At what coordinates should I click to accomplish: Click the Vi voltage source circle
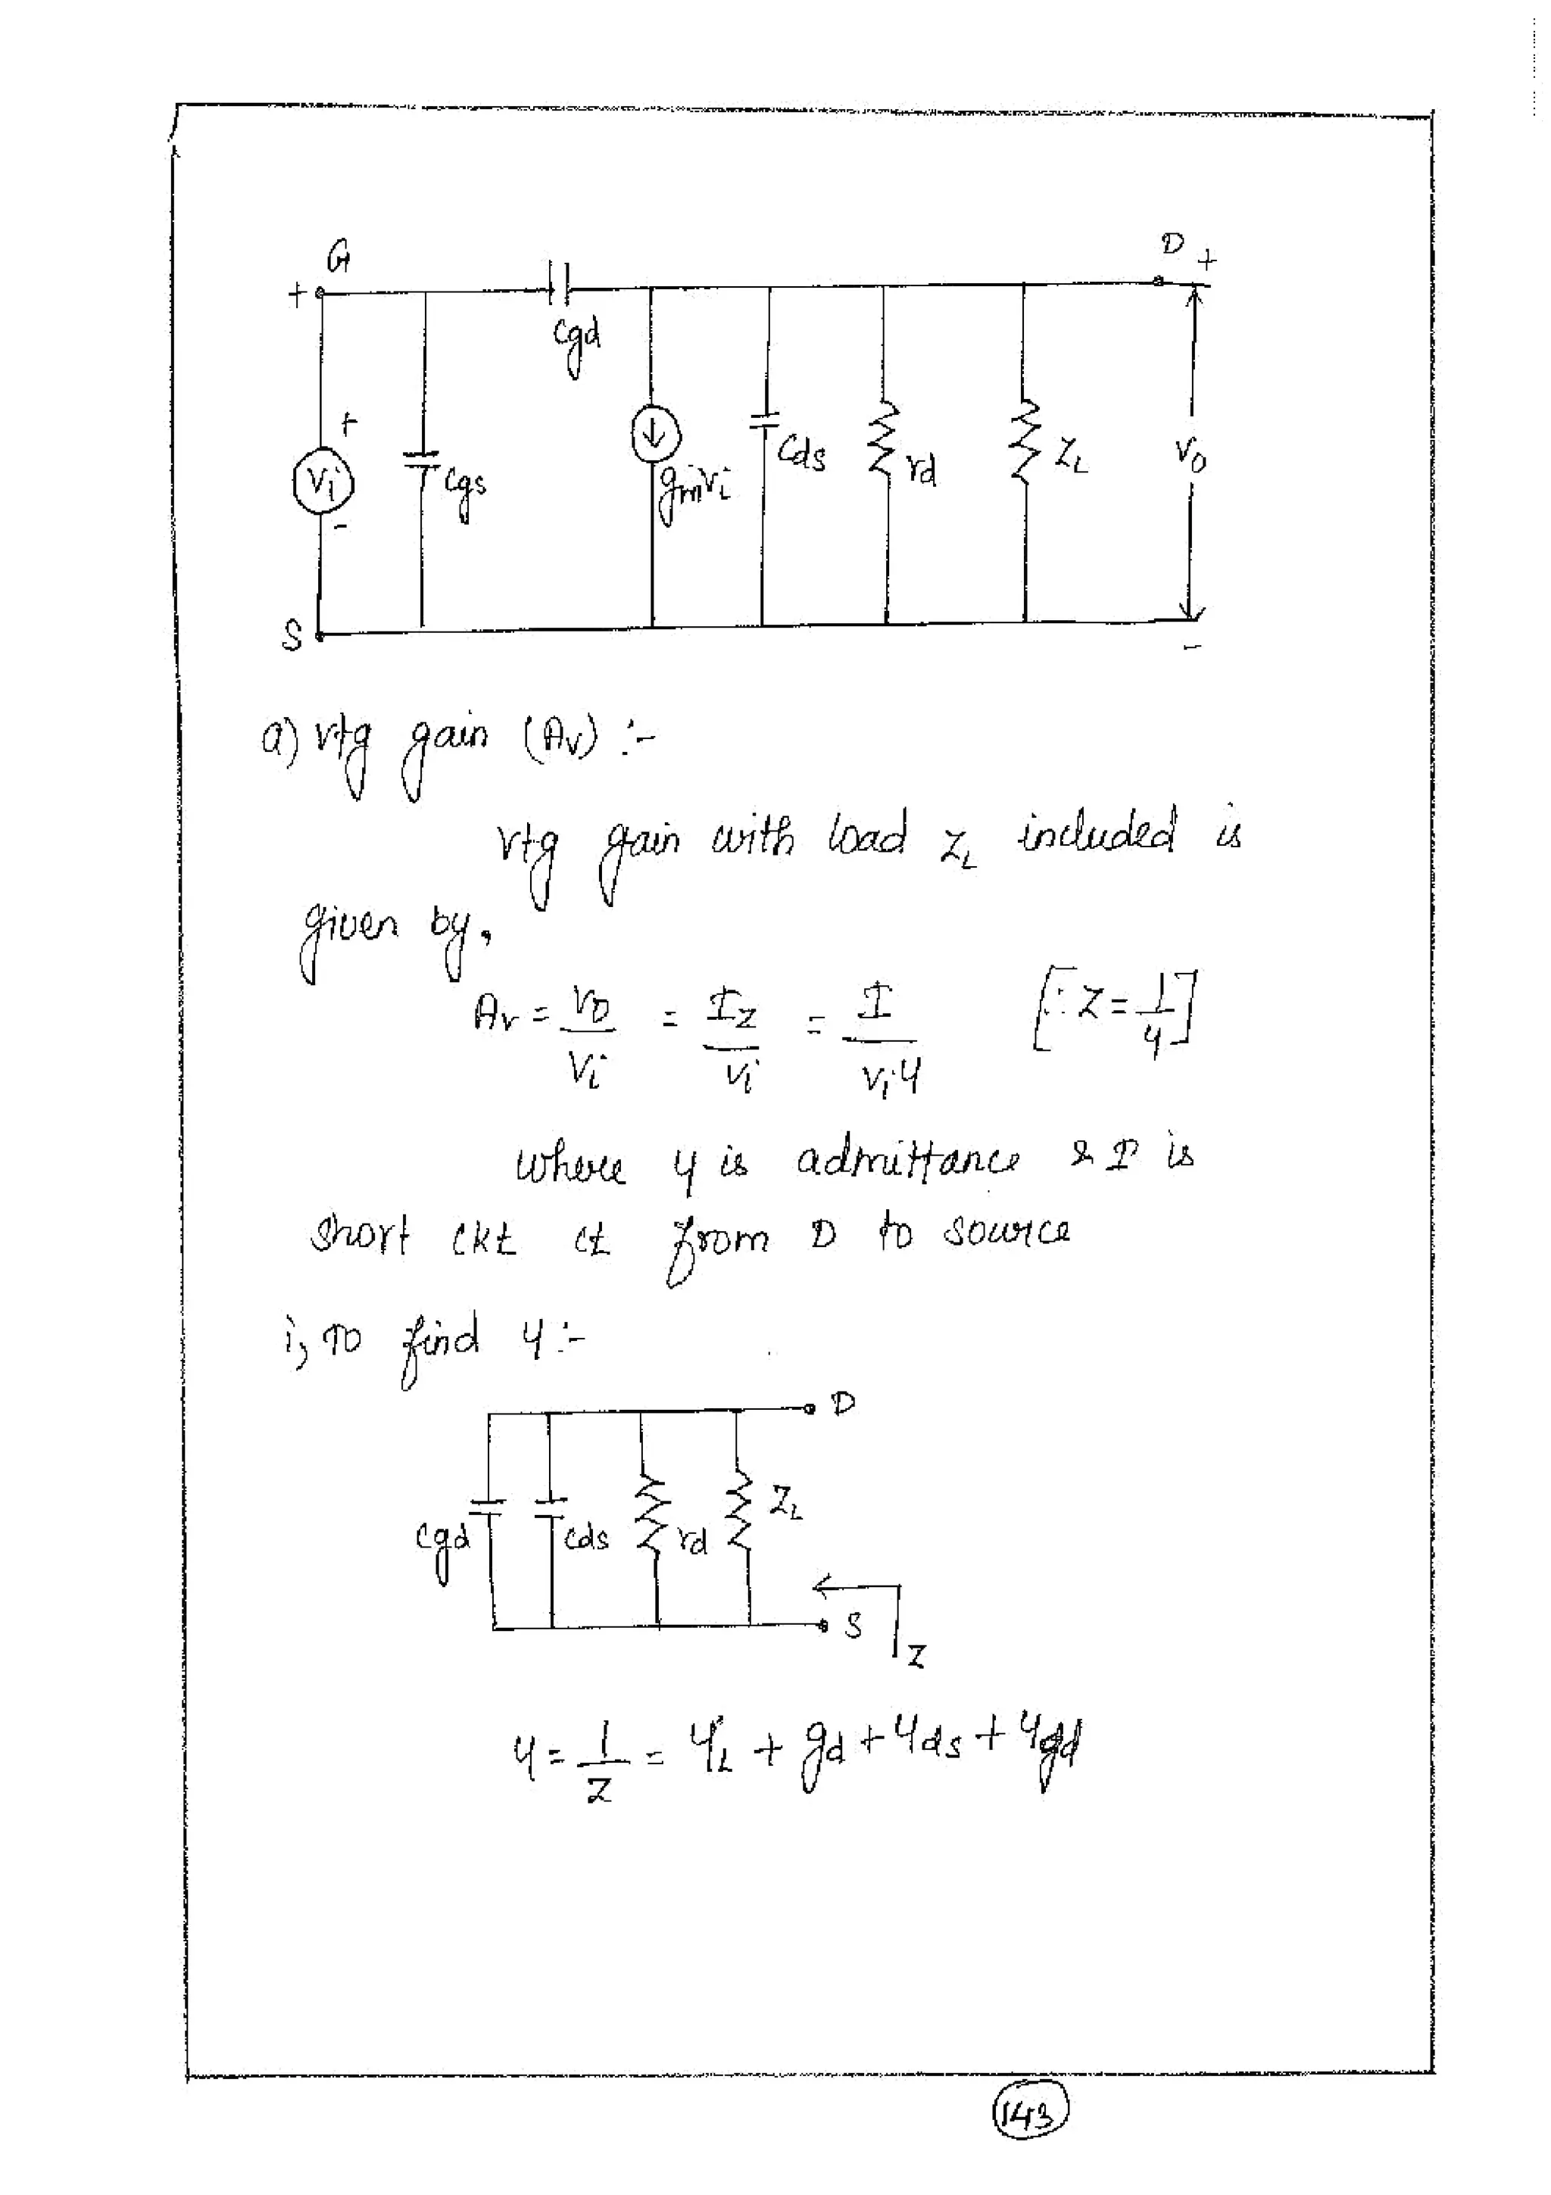(x=323, y=482)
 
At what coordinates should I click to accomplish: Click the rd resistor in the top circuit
(x=885, y=438)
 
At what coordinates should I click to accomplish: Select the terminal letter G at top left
(x=338, y=256)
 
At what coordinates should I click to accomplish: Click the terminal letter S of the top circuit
(x=292, y=634)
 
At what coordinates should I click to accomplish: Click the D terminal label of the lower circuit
(x=842, y=1404)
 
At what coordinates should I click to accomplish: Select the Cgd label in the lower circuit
(x=443, y=1540)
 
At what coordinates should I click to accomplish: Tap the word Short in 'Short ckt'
(x=360, y=1236)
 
